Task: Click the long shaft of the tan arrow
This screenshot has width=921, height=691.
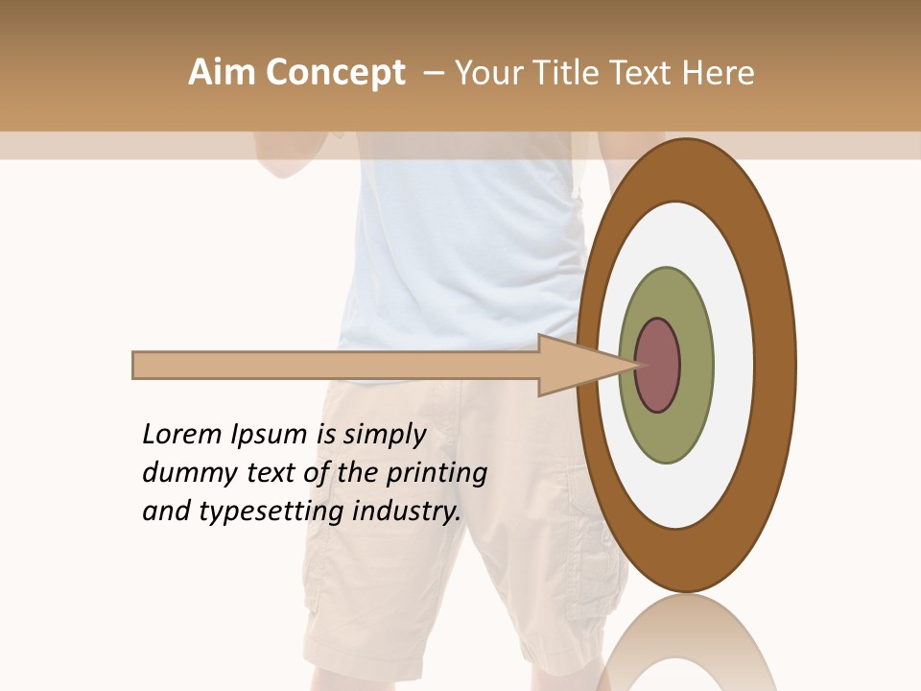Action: coord(336,366)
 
